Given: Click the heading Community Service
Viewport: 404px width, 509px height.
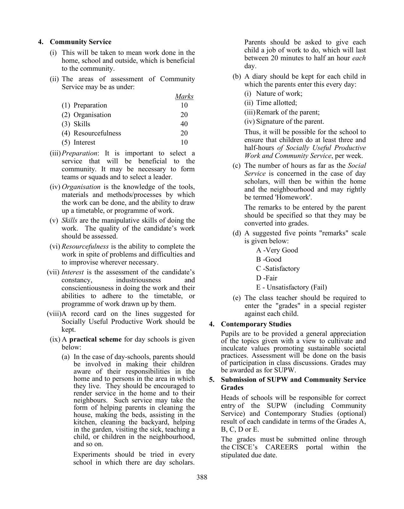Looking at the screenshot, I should point(80,42).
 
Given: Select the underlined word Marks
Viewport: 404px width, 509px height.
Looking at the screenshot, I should point(184,96).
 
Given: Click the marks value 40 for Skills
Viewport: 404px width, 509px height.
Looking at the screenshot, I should point(184,124).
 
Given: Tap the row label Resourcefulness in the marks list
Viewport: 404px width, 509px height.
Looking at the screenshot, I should point(97,133).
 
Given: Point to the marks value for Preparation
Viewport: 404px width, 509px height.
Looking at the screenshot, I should point(184,105).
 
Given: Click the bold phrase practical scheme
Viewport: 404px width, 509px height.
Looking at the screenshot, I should point(95,339).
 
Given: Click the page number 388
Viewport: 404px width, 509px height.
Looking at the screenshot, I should point(202,477).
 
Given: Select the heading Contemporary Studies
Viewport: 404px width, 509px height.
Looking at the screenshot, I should point(256,324).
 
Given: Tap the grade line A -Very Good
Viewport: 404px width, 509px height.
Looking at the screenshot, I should point(277,250).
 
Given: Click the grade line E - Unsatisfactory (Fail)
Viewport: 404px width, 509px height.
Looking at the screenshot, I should point(291,287).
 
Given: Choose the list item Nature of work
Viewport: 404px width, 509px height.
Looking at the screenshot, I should point(279,94).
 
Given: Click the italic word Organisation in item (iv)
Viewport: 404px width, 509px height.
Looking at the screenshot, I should point(81,187).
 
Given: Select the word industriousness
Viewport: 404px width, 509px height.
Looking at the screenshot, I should point(138,280).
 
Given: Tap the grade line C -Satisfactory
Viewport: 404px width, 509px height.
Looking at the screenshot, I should point(278,269).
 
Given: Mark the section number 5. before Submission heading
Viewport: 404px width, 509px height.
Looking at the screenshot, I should point(212,380).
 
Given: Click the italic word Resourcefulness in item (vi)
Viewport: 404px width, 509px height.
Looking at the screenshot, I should point(85,246).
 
